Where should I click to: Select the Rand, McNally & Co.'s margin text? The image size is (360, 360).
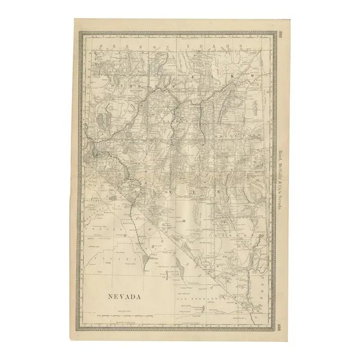(280, 180)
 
